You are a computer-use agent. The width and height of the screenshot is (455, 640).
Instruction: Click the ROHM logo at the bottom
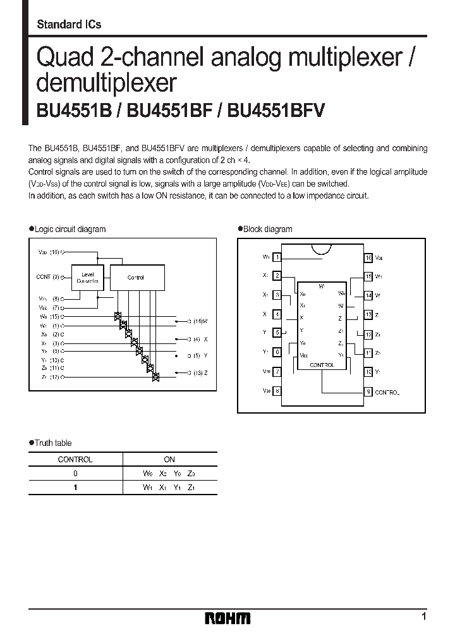228,618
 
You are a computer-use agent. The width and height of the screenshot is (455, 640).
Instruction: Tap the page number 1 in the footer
423,616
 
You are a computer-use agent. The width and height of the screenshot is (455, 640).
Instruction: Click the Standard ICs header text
70,25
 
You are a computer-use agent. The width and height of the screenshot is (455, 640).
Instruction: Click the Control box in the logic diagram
136,277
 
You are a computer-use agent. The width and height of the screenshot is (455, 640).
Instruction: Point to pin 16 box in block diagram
368,257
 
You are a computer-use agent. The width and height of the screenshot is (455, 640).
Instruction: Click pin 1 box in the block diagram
277,257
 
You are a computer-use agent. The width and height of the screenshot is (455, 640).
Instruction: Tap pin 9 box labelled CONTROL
368,391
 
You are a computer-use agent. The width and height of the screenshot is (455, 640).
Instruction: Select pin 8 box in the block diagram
277,391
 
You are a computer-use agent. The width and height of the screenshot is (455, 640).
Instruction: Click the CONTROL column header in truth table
75,460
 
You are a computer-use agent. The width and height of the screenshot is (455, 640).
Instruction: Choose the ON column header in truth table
169,460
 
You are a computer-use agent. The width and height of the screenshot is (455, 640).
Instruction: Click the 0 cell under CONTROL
75,474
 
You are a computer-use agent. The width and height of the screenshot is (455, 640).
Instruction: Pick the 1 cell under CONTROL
75,488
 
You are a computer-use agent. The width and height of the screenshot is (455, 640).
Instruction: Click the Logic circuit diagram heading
70,229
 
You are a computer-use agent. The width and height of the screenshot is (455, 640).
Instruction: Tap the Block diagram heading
268,229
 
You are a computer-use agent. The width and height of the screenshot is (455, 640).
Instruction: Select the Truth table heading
53,443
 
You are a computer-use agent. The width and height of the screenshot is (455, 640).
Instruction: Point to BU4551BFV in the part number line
276,111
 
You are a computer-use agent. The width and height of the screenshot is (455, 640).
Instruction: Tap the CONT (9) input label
49,276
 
